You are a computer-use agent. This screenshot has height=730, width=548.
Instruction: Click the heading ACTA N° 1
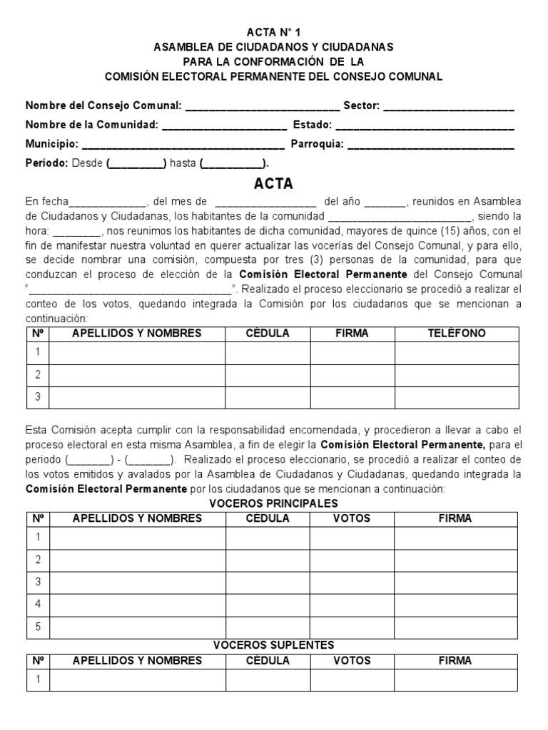point(273,32)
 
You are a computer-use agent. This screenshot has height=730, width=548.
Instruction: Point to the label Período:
point(46,163)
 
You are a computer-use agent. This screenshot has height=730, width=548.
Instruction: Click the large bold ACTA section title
point(273,184)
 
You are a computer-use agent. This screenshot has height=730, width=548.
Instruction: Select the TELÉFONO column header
point(457,333)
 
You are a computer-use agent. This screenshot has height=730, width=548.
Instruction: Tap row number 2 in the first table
point(38,374)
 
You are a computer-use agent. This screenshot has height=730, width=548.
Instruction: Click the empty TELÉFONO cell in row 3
point(457,397)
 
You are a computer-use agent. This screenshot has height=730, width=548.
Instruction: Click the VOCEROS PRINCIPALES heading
point(273,503)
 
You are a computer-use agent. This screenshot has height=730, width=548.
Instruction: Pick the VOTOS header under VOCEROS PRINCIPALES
point(352,518)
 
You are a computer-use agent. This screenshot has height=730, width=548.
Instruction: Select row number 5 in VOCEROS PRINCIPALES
point(38,627)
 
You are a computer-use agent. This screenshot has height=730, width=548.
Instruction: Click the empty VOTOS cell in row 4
point(352,604)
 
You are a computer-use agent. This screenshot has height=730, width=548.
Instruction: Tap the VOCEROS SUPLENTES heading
point(273,645)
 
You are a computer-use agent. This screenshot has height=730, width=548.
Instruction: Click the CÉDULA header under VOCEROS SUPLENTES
point(268,661)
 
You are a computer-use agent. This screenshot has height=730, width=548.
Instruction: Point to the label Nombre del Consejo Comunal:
point(104,106)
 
